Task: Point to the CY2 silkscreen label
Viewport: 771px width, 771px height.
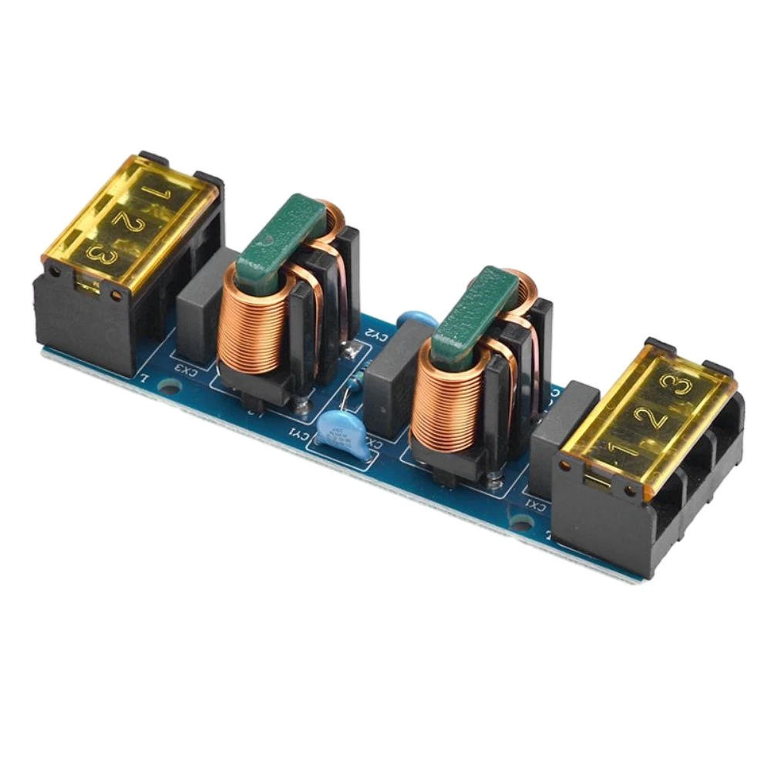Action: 375,334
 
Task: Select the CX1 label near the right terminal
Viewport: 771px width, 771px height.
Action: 535,505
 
